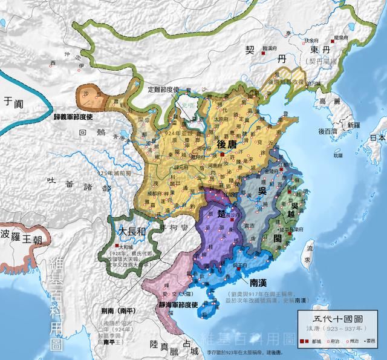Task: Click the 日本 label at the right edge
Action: click(x=377, y=137)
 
